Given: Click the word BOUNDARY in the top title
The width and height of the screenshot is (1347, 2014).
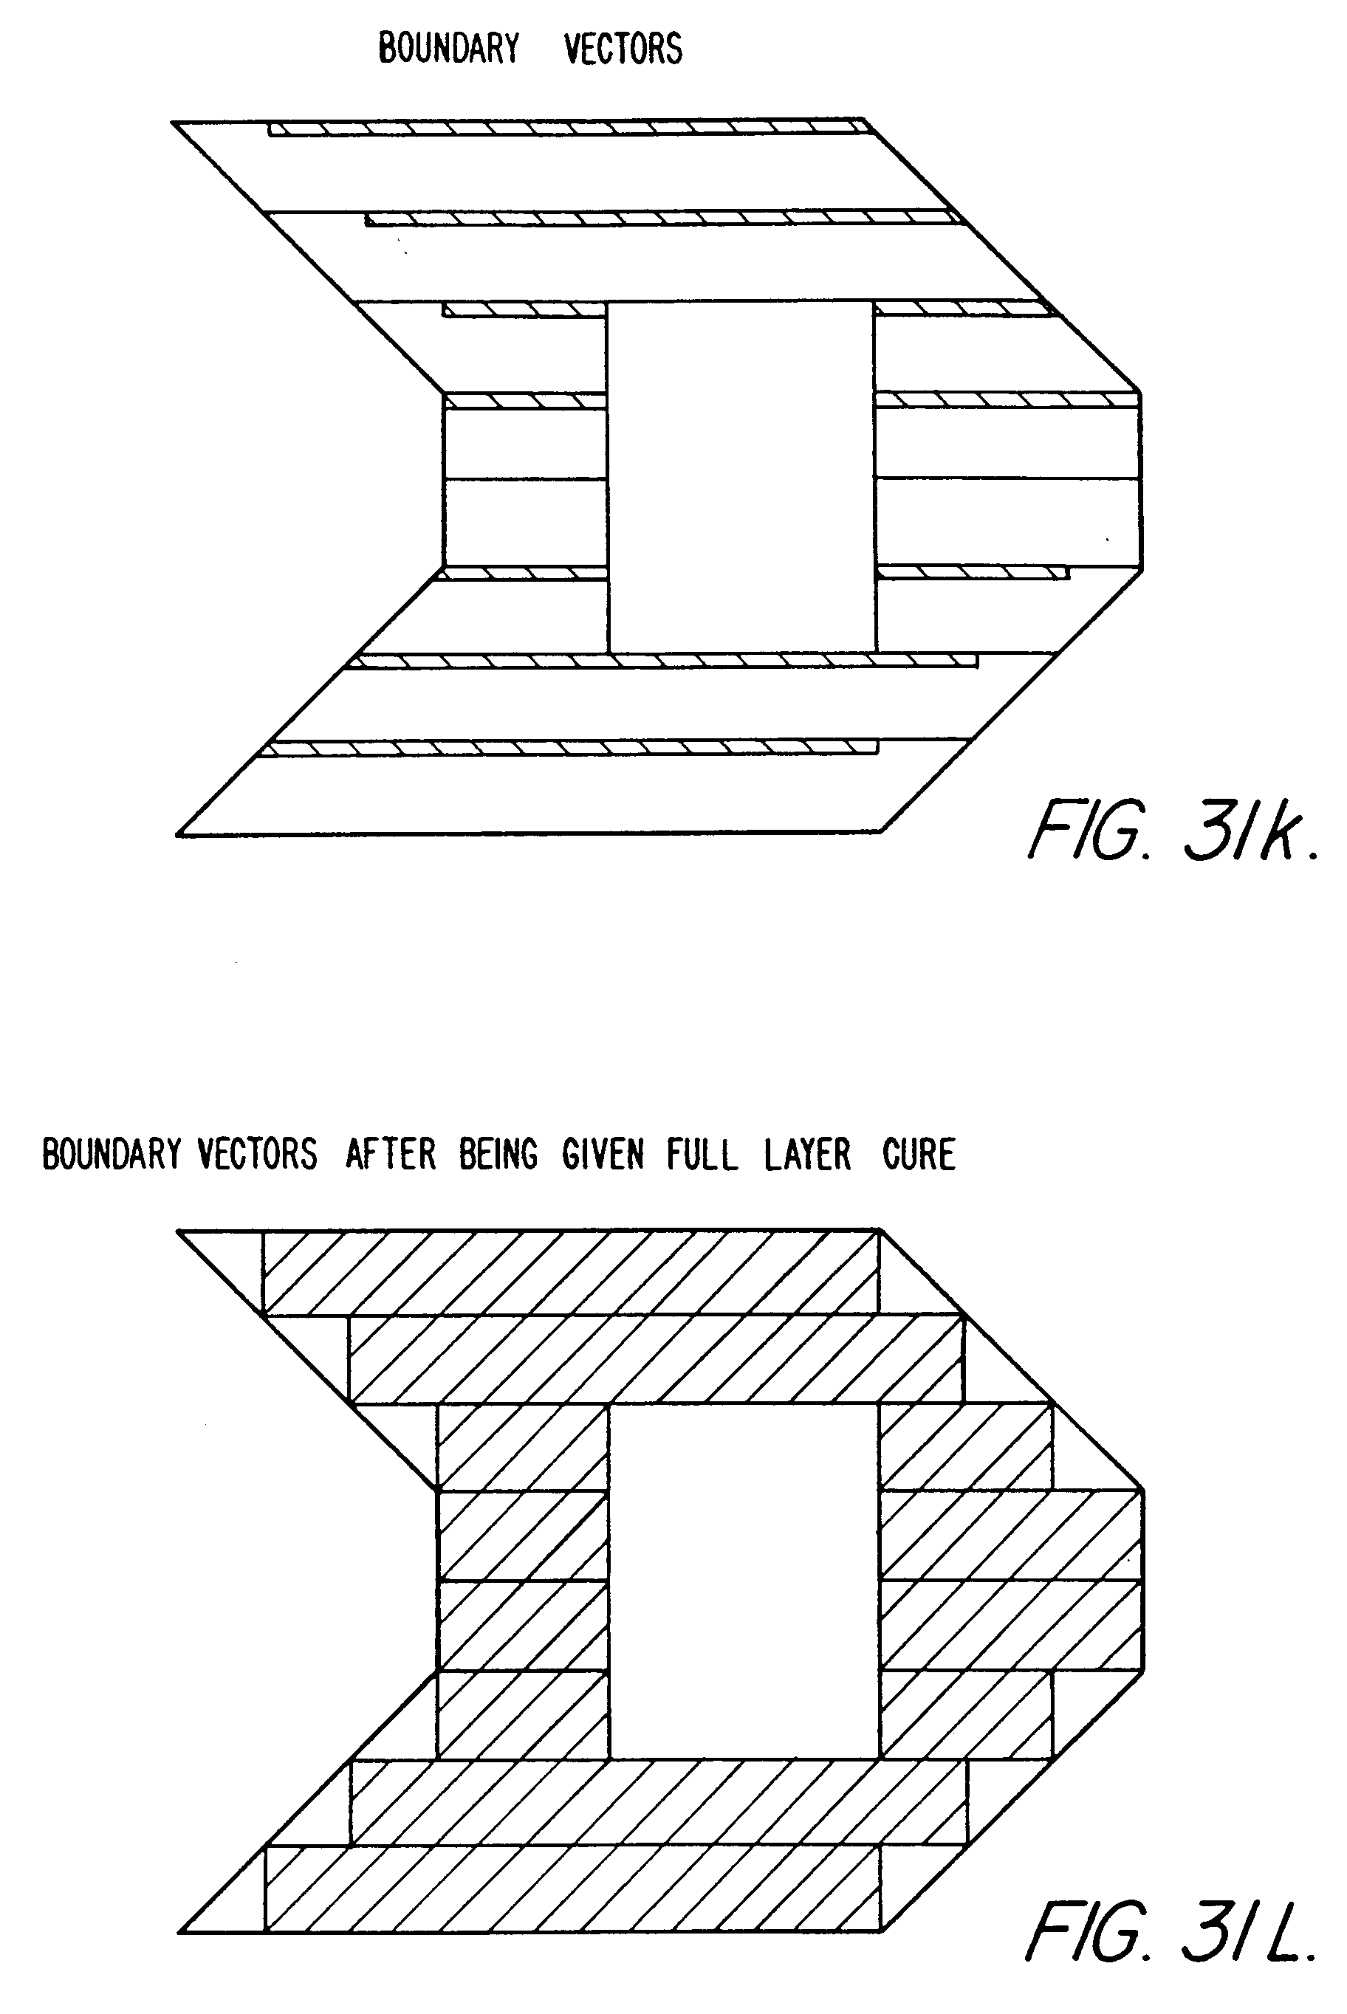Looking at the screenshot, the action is (448, 49).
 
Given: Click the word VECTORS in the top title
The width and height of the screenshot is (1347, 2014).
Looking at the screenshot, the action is (623, 49).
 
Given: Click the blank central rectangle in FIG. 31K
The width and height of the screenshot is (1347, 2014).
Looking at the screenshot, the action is (741, 477).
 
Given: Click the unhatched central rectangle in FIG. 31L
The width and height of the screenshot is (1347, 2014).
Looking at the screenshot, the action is (744, 1581).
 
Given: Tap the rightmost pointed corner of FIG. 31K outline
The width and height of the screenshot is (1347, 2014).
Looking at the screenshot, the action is (1140, 394).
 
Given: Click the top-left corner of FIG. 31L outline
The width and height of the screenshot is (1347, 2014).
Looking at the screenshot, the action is (178, 1231).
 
